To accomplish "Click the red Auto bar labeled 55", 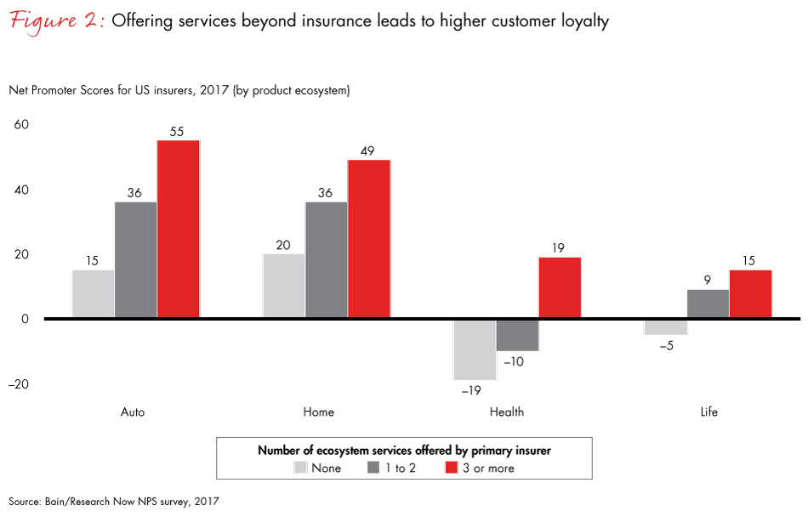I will (x=178, y=230).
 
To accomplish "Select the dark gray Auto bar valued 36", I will (x=136, y=260).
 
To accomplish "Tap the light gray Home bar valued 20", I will (x=284, y=287).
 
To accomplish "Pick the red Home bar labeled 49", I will (x=368, y=240).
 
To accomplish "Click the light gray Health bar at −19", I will (x=475, y=349).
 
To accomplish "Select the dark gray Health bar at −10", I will (x=517, y=335).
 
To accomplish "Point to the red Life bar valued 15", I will (x=750, y=294).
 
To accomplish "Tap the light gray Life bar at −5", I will (x=666, y=327).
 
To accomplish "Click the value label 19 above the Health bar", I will (x=560, y=248).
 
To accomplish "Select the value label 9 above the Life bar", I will (x=708, y=281).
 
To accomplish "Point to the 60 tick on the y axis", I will (x=20, y=125).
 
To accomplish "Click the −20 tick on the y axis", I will (x=18, y=384).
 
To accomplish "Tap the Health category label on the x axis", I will (x=507, y=412).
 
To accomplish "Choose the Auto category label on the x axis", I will (x=133, y=412).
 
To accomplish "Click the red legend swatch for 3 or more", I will (x=451, y=468).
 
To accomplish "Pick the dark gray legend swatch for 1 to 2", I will (x=374, y=468).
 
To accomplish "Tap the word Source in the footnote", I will (x=26, y=502).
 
